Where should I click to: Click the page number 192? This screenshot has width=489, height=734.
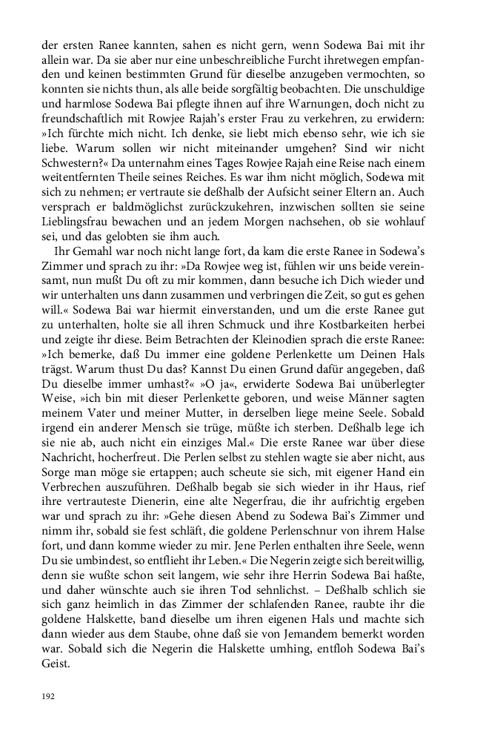coord(47,696)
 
